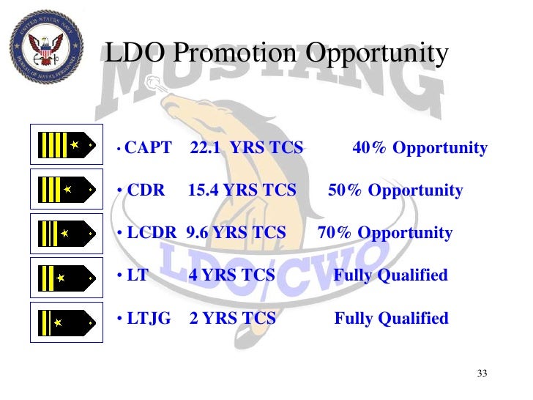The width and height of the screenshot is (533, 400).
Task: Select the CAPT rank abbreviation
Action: click(x=149, y=148)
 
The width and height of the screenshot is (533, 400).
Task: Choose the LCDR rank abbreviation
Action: click(x=152, y=233)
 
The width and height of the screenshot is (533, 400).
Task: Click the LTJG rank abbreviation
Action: click(x=149, y=318)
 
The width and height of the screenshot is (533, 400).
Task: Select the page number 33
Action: click(x=482, y=374)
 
